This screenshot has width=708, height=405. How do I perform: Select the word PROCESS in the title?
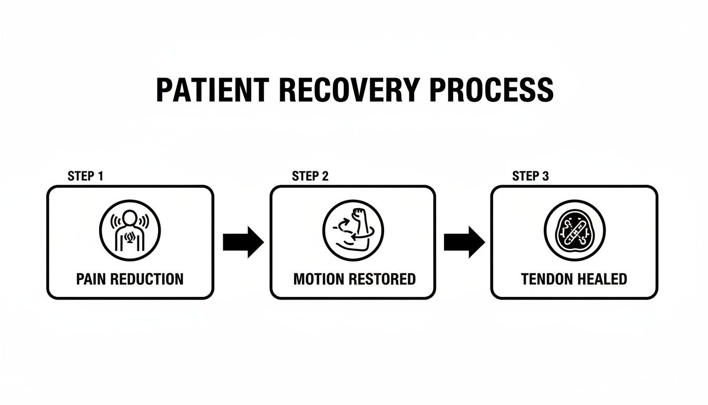click(x=491, y=91)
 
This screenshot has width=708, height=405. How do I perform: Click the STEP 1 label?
click(x=85, y=176)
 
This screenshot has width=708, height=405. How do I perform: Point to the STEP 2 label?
click(x=310, y=176)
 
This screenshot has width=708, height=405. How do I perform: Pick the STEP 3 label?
click(x=530, y=176)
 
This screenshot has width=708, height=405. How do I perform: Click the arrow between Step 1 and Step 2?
click(x=243, y=242)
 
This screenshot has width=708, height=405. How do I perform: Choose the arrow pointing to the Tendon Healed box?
click(x=464, y=242)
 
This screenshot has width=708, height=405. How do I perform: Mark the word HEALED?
click(x=602, y=279)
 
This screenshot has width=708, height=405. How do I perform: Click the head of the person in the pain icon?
click(x=130, y=217)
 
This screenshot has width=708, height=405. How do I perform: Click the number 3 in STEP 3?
click(x=545, y=176)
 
